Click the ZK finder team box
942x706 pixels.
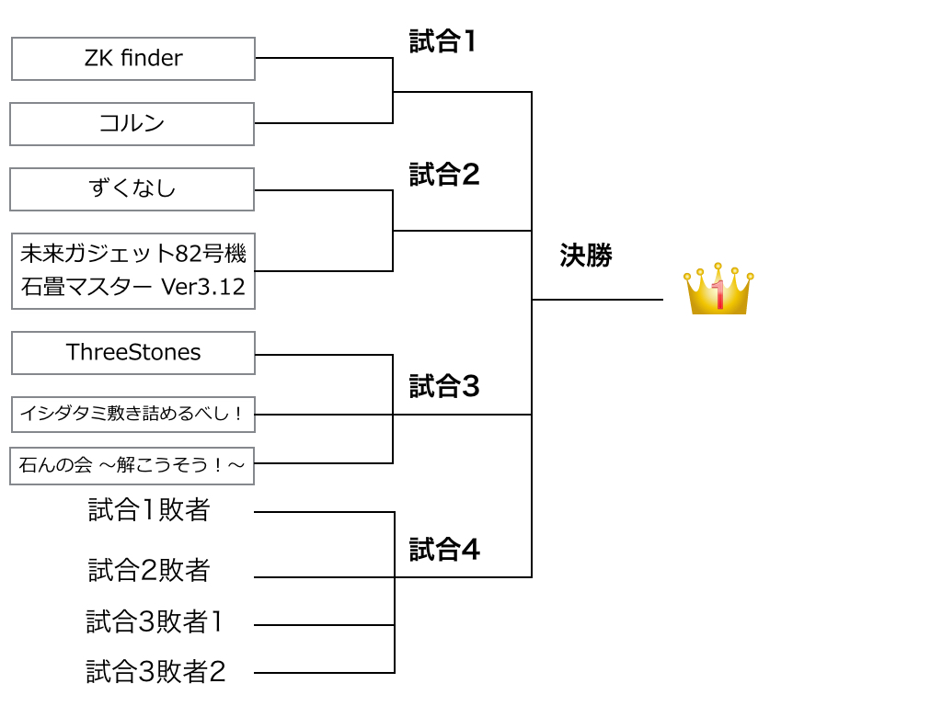133,59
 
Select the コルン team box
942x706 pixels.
132,124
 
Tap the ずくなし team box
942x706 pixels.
132,189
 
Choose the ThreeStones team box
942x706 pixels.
133,353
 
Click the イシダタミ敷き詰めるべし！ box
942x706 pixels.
133,415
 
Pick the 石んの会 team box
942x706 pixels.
132,466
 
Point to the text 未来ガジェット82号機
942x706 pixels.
133,254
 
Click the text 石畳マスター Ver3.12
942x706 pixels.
133,287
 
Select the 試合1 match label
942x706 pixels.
442,41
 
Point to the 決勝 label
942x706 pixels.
586,256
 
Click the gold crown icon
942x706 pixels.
718,291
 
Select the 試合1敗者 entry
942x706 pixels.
149,510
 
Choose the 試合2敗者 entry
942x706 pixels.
149,570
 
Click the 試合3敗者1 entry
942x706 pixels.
155,622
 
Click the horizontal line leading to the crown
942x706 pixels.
598,300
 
